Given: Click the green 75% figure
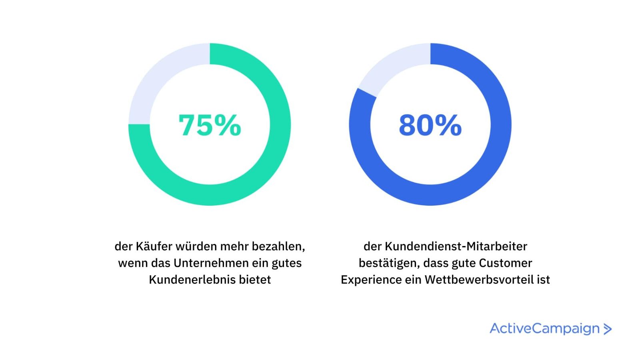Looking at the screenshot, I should click(210, 125).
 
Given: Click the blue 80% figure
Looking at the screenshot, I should click(430, 125).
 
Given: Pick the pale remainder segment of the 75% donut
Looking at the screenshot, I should click(160, 76).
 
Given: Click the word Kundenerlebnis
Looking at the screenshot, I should click(192, 280).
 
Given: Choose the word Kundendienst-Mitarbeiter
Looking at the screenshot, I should click(456, 246).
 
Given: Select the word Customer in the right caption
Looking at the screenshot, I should click(506, 263).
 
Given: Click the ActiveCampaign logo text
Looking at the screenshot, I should click(544, 328).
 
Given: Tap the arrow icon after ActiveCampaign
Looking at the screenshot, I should click(608, 329).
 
